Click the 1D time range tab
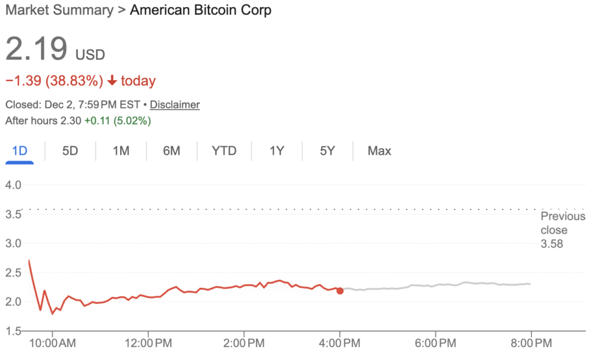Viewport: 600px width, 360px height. tap(19, 151)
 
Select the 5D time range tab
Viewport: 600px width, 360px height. tap(70, 151)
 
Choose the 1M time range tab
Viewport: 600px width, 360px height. tap(121, 151)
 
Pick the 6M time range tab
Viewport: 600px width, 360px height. tap(171, 151)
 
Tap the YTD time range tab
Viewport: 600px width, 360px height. tap(224, 151)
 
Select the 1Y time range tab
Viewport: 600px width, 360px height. tap(277, 151)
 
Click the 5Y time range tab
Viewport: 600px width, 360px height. tap(327, 151)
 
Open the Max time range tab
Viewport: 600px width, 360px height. tap(379, 151)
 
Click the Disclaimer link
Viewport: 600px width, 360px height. tap(175, 105)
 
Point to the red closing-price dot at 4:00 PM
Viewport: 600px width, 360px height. tap(340, 291)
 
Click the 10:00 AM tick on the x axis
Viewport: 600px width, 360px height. tap(52, 341)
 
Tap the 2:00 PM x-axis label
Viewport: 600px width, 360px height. tap(244, 341)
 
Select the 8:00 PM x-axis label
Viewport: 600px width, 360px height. tap(531, 341)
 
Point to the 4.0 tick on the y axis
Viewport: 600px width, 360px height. tap(13, 185)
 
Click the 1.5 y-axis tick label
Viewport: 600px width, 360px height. tap(13, 331)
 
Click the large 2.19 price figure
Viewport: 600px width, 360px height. tap(36, 49)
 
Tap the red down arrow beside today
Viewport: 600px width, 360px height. tap(112, 81)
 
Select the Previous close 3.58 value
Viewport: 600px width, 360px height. tap(551, 244)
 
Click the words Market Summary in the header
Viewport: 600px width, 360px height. tap(59, 10)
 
